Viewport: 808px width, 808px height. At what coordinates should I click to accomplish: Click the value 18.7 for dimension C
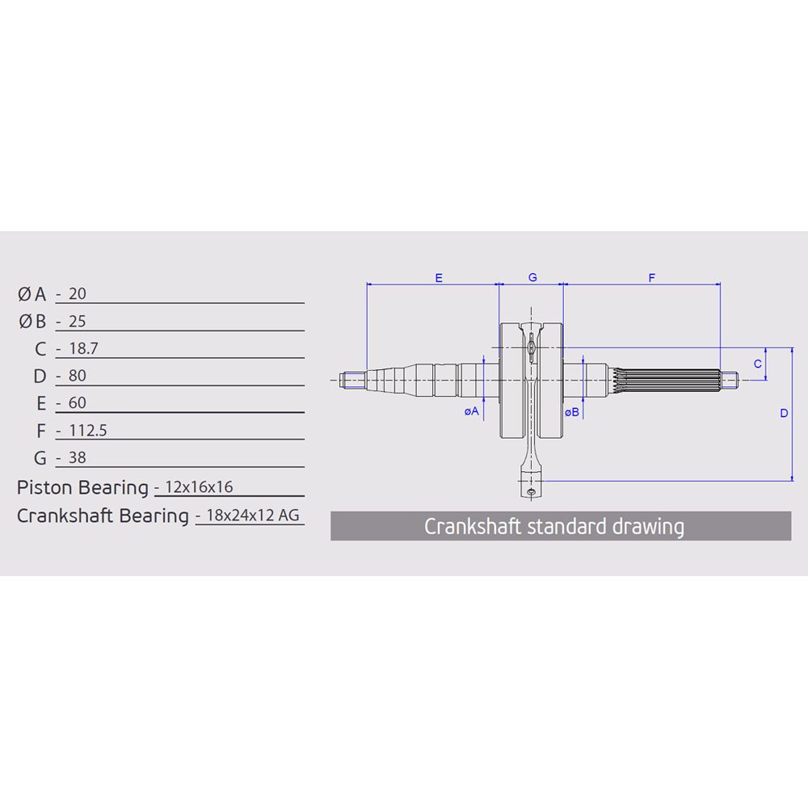tap(83, 349)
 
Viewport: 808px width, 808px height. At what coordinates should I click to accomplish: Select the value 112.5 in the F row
tap(88, 431)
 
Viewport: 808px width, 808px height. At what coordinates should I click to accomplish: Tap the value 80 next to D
tap(78, 376)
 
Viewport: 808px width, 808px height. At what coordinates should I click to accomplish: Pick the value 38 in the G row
tap(78, 457)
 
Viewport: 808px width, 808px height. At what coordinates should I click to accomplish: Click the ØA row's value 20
tap(78, 294)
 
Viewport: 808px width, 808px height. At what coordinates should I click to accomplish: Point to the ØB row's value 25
tap(78, 322)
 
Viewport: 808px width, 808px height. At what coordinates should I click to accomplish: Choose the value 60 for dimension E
tap(78, 403)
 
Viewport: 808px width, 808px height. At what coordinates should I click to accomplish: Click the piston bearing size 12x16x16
tap(199, 487)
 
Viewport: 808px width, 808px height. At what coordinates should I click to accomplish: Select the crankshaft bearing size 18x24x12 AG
tap(252, 515)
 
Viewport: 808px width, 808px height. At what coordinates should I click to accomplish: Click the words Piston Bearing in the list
tap(82, 487)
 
